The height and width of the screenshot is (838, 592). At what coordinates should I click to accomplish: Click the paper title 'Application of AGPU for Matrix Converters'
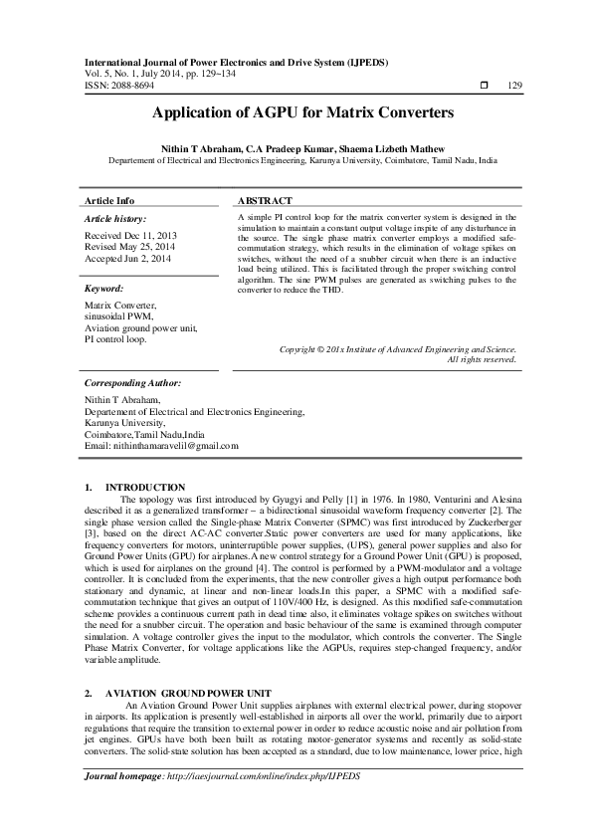tap(296, 113)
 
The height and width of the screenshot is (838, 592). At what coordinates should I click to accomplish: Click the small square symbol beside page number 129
tap(484, 86)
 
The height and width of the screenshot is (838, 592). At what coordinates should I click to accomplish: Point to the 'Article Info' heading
tap(109, 200)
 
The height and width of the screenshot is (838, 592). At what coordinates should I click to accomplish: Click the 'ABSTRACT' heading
tap(265, 200)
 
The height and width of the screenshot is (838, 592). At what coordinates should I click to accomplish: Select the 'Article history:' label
tap(115, 218)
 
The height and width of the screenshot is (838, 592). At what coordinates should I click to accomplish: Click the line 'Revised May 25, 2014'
tap(125, 248)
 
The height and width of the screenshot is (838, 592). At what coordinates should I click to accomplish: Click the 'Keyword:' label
tap(104, 288)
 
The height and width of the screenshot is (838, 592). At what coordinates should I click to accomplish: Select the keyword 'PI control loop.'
tap(115, 339)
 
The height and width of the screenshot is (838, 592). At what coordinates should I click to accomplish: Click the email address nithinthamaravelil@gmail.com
tap(162, 445)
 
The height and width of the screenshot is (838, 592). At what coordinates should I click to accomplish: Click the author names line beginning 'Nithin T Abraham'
tap(296, 146)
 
